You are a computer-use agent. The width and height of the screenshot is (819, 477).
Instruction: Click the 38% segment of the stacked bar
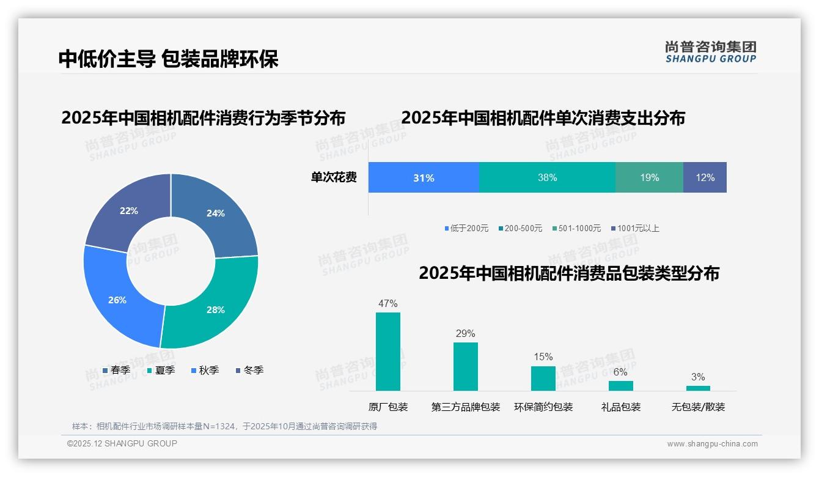[547, 177]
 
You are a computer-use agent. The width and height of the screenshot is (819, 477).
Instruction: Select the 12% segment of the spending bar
[705, 177]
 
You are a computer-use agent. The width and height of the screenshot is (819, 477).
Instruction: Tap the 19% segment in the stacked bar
[649, 177]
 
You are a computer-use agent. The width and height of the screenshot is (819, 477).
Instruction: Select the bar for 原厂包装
[388, 352]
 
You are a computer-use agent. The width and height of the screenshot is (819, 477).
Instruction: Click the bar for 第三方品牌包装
[466, 366]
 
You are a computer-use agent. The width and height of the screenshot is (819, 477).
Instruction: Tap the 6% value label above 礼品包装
[620, 372]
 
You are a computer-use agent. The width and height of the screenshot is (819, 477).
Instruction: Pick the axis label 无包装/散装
[698, 407]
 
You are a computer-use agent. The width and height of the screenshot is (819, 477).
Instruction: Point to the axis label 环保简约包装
[543, 407]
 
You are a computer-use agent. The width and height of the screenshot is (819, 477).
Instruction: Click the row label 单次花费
[334, 177]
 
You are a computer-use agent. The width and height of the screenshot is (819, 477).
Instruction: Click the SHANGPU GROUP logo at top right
[710, 52]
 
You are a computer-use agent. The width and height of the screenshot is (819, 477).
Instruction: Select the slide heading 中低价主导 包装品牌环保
[169, 59]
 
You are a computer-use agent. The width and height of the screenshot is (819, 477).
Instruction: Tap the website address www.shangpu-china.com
[712, 444]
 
